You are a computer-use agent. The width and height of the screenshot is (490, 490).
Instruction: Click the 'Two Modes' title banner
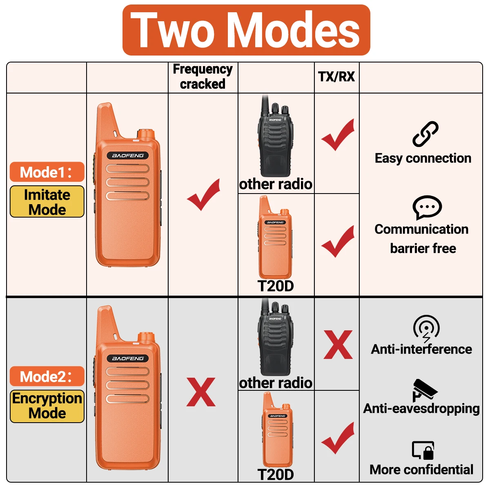(x=246, y=30)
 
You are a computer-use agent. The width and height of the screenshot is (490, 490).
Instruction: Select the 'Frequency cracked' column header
(x=203, y=76)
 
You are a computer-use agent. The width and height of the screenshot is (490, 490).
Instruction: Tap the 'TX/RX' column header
(x=336, y=76)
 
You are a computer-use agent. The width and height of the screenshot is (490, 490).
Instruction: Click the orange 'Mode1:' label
(x=47, y=172)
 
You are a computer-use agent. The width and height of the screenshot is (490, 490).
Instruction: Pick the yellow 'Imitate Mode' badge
(x=47, y=202)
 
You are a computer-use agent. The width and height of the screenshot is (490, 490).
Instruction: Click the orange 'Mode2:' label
(x=47, y=376)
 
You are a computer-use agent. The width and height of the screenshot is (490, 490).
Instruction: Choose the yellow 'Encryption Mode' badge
(x=47, y=406)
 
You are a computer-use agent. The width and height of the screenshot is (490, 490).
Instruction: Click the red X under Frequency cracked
(x=201, y=392)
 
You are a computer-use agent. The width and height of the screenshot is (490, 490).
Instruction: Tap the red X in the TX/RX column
(x=338, y=345)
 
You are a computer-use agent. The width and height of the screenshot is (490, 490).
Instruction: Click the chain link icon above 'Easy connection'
(x=425, y=134)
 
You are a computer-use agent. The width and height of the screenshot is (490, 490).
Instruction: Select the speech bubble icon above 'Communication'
(x=427, y=207)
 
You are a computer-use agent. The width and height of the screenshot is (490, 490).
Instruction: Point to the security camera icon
(x=425, y=390)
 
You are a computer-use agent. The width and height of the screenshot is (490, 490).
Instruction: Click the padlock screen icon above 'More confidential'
(x=423, y=450)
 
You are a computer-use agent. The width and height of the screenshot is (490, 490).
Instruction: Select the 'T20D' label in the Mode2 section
(x=276, y=474)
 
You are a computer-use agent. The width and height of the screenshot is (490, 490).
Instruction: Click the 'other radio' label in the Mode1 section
(x=276, y=184)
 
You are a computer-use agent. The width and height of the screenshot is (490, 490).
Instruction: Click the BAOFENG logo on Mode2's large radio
(x=128, y=359)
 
